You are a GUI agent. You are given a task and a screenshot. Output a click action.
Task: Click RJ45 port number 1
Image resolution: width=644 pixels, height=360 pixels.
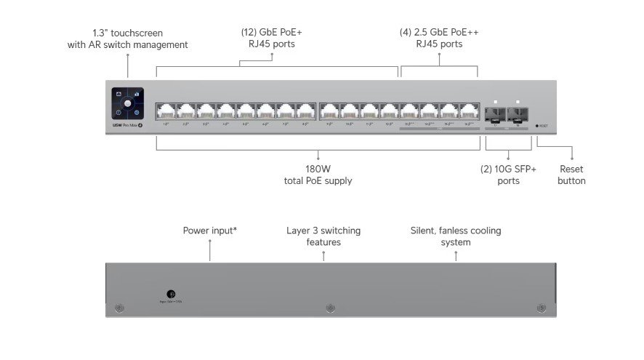pos(166,112)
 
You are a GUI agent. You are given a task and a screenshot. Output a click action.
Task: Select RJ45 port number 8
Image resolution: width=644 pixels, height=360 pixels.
pos(306,112)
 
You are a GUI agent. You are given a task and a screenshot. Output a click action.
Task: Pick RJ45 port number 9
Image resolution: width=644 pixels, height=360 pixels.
pos(330,112)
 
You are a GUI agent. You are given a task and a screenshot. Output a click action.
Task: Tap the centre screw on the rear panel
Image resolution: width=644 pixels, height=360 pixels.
pos(330,308)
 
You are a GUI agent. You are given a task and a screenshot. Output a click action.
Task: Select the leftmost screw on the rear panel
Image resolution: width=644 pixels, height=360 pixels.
pos(121,308)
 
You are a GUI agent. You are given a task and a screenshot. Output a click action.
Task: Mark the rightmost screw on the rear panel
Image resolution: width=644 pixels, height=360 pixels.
pos(540,308)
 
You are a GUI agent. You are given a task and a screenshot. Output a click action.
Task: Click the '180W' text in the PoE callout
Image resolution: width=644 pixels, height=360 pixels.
pos(318,169)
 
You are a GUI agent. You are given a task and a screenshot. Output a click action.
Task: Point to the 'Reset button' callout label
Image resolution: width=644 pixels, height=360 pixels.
pos(571,175)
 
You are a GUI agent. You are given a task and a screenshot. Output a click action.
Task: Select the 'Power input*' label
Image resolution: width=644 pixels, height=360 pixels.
pos(209,231)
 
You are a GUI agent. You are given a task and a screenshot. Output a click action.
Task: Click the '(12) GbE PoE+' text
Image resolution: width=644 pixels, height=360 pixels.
pos(272,33)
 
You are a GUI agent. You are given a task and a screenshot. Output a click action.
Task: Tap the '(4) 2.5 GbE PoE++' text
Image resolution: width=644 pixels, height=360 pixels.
pos(439,33)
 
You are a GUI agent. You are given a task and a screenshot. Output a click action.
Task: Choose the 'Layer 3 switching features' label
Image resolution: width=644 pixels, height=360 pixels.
pos(323,236)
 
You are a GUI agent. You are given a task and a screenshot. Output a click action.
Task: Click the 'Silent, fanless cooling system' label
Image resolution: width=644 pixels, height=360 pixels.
pos(456,236)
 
